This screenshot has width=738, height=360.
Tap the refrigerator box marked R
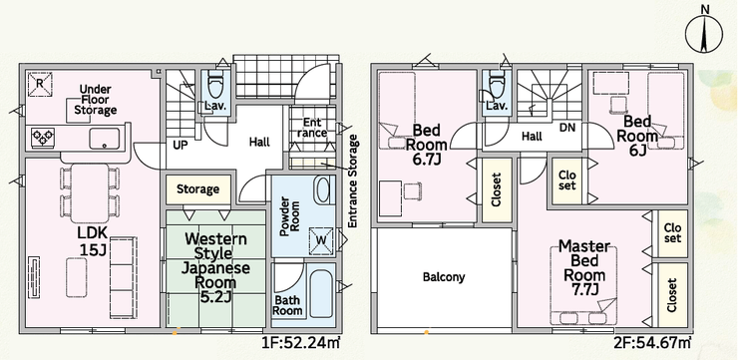40,84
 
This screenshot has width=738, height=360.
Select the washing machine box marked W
321,239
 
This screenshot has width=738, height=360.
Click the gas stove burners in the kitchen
43,138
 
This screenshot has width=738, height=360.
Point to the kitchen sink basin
104,138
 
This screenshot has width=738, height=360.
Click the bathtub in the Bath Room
322,293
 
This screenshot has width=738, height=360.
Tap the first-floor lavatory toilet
214,85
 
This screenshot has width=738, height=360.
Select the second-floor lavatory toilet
496,85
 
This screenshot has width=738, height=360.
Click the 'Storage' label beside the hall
197,189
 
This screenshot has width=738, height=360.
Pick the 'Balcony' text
444,276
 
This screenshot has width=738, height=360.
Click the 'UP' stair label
181,146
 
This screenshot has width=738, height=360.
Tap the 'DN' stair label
566,128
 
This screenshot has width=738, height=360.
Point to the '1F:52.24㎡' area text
300,343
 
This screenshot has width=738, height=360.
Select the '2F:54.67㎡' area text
652,343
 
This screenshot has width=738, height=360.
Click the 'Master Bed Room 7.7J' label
584,268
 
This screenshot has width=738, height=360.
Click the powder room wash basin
323,190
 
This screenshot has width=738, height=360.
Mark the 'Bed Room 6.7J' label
428,145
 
